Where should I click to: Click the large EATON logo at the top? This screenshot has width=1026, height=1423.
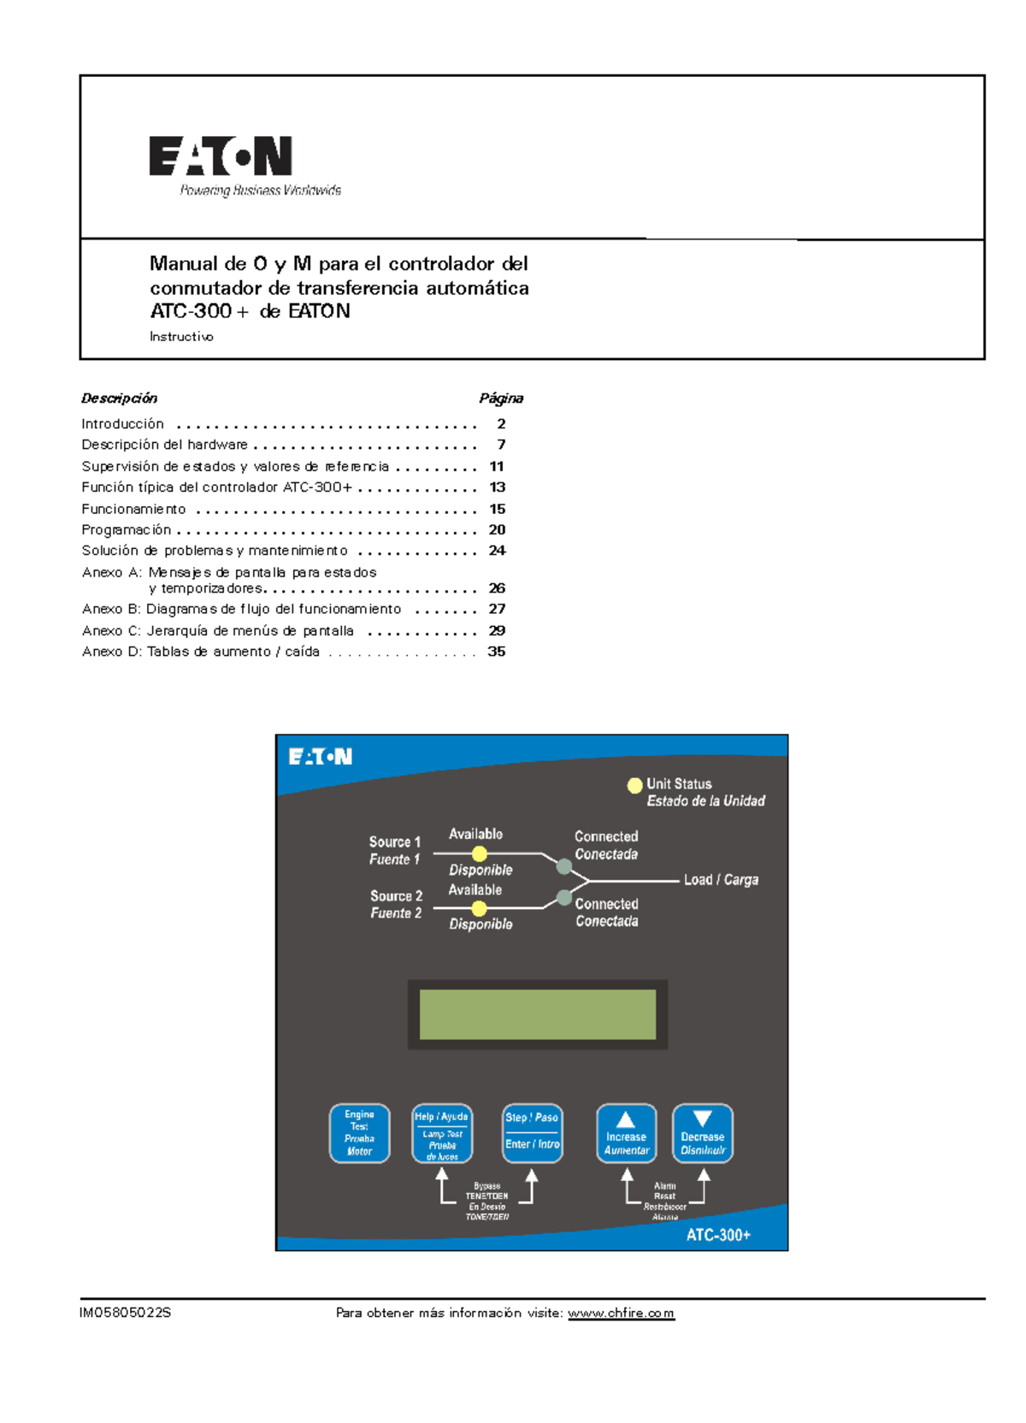(221, 156)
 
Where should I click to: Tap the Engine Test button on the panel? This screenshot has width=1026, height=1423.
(359, 1133)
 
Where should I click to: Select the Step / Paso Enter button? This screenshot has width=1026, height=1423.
(532, 1133)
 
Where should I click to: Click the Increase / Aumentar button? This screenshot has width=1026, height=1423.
(626, 1133)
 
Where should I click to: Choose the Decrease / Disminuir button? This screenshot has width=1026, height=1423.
(702, 1133)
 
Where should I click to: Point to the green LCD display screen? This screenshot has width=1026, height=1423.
(537, 1014)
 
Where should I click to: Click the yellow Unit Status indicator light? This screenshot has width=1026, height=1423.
(634, 785)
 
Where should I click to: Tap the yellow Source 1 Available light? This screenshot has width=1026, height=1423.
(480, 853)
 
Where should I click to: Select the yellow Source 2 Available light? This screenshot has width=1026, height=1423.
(480, 908)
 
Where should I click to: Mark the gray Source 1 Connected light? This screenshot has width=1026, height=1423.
(564, 866)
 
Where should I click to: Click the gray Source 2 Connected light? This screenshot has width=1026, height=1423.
(564, 897)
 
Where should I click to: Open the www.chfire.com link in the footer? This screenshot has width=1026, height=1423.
(621, 1313)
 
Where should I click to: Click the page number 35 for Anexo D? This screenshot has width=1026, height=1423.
(496, 652)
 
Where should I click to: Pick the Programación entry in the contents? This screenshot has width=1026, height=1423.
(127, 530)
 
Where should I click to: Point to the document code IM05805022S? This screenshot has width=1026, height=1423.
(125, 1313)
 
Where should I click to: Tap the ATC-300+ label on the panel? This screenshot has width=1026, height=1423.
(718, 1235)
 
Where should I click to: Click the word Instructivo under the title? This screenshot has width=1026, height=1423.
(181, 337)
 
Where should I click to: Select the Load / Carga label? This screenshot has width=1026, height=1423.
(721, 880)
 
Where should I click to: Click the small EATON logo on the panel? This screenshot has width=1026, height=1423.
(321, 757)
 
